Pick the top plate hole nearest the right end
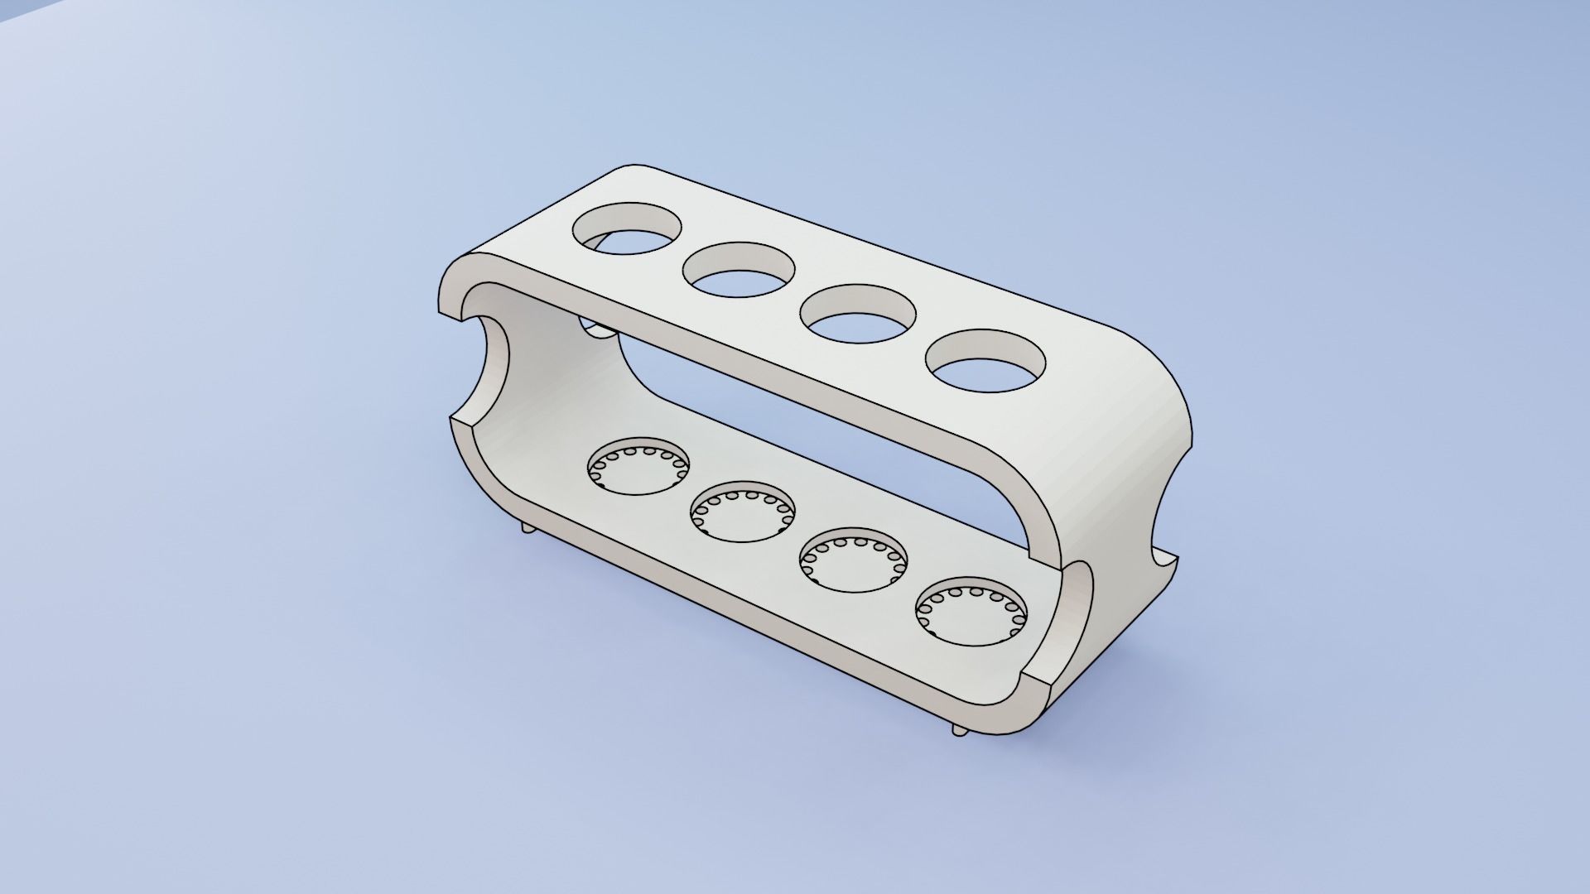coord(985,361)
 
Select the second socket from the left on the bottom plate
coord(743,512)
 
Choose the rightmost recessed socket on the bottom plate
coord(971,613)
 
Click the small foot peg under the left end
coord(528,527)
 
